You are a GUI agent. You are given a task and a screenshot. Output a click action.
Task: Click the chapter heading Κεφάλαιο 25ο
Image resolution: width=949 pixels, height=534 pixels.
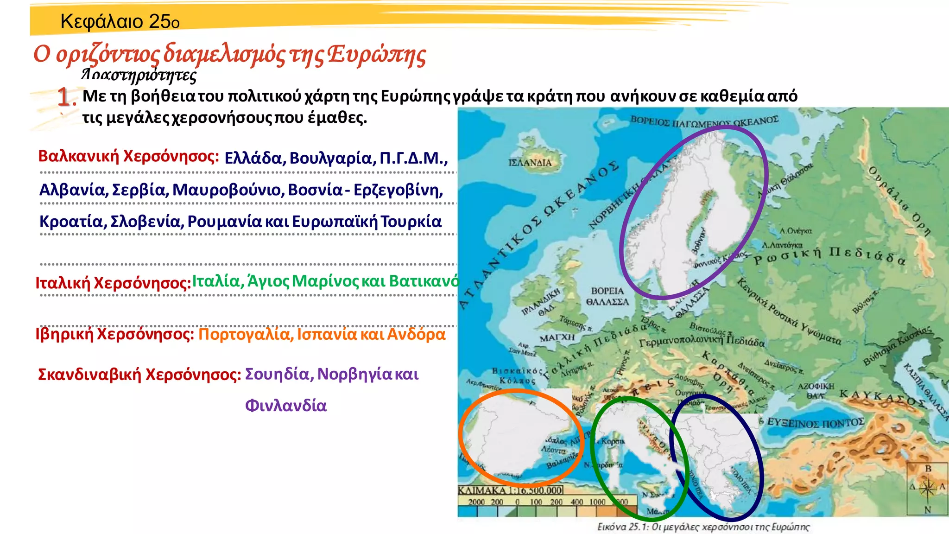click(x=120, y=21)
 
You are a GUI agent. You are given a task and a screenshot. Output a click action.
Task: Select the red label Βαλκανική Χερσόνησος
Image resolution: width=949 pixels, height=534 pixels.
click(x=128, y=156)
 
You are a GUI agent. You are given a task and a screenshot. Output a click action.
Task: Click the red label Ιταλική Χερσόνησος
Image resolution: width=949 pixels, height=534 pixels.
click(x=113, y=283)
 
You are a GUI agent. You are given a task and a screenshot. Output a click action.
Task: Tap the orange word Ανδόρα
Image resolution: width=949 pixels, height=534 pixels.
click(x=416, y=334)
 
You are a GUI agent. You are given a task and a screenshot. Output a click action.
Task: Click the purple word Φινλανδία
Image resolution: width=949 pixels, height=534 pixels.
click(x=285, y=406)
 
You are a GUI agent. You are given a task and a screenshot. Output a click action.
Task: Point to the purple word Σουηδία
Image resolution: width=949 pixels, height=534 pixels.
click(x=277, y=374)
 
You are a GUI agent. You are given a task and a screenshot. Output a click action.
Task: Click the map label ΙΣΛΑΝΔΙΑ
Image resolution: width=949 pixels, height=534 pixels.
click(x=530, y=163)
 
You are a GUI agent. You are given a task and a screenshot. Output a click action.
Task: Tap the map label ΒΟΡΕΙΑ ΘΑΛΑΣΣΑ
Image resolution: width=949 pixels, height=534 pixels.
click(x=607, y=296)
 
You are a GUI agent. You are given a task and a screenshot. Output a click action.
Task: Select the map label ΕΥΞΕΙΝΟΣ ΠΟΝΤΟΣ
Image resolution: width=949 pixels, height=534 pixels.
click(x=816, y=422)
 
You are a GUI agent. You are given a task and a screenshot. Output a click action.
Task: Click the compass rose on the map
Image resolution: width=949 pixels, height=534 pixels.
click(x=928, y=488)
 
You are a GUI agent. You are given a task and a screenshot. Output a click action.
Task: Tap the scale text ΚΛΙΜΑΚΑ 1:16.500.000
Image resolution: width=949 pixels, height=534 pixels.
click(x=510, y=490)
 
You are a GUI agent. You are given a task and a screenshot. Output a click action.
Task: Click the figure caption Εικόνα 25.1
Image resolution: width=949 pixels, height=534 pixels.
click(x=703, y=527)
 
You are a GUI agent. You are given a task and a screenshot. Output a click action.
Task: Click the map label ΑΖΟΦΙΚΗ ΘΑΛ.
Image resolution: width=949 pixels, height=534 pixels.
click(x=816, y=390)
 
